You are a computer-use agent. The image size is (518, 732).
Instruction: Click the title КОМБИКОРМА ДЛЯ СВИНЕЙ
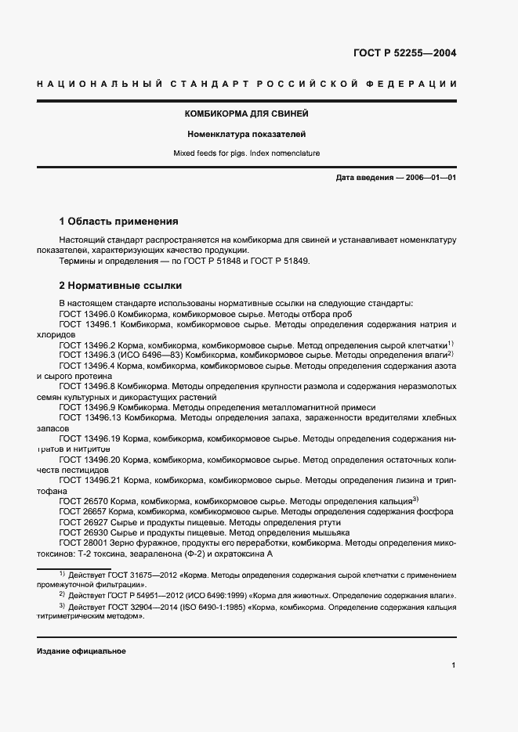(x=246, y=114)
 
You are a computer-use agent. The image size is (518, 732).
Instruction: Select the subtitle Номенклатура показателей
(x=246, y=135)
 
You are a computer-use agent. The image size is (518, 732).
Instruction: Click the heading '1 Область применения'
(x=119, y=222)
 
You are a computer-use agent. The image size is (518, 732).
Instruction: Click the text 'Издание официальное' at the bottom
(x=81, y=651)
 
